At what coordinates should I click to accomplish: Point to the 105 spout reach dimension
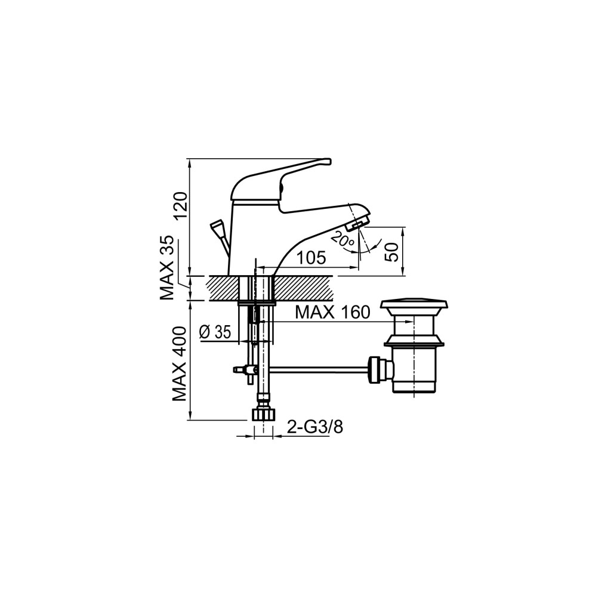coord(310,258)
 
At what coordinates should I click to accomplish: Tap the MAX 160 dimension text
coord(332,312)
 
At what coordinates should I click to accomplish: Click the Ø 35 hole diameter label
coord(215,332)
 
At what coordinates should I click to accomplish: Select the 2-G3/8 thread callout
coord(314,427)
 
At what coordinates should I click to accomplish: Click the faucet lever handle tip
coord(328,161)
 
